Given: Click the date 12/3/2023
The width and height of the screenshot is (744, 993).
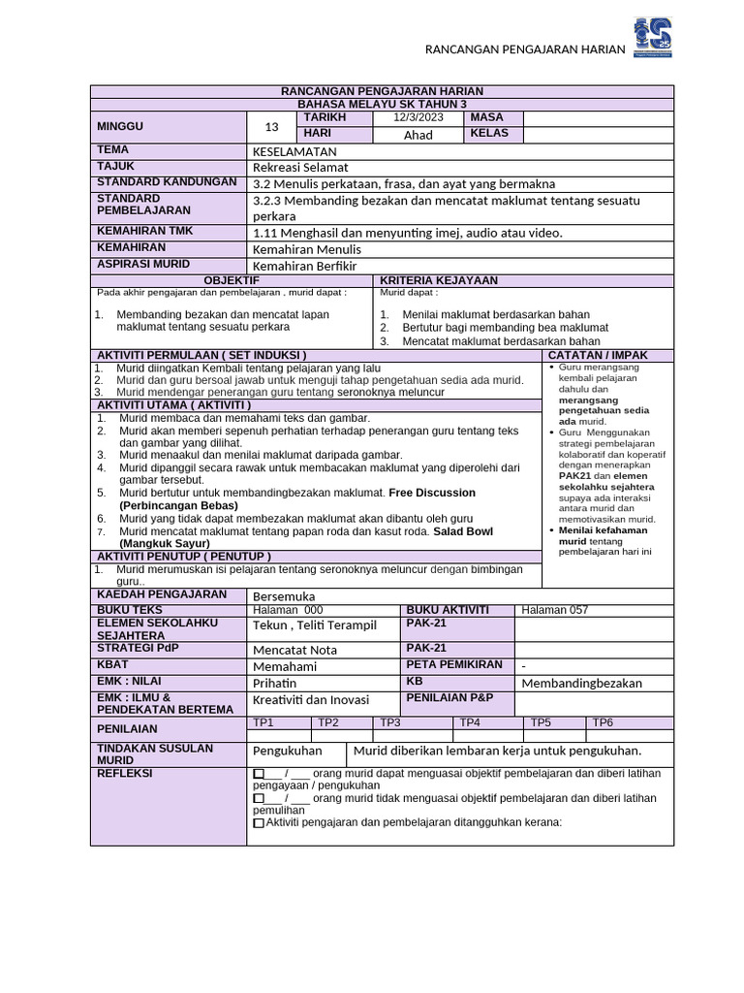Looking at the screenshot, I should click(x=418, y=117).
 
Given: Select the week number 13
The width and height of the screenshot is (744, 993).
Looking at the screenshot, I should click(x=271, y=126).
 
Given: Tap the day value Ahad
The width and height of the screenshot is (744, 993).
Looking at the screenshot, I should click(x=418, y=135).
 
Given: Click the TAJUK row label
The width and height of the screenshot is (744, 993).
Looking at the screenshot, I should click(x=114, y=167).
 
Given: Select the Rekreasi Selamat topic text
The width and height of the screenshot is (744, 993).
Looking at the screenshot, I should click(x=300, y=168).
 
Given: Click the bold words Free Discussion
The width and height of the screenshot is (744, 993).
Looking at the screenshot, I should click(x=433, y=493).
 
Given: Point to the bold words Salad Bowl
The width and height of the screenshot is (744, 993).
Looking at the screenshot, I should click(x=463, y=531).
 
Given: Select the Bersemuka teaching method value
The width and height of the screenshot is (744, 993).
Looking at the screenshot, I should click(x=284, y=595).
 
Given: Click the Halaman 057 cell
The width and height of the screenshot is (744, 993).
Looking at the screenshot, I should click(x=554, y=610).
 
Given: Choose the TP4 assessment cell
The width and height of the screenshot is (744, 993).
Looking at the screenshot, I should click(x=470, y=722).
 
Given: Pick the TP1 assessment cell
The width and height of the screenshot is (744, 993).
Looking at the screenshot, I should click(x=263, y=722).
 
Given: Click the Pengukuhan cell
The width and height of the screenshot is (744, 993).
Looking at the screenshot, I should click(x=288, y=752).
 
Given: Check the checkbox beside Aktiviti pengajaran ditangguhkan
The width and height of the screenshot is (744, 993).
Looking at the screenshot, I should click(x=258, y=822).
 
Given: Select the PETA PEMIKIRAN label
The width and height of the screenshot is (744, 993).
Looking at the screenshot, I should click(x=454, y=664).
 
